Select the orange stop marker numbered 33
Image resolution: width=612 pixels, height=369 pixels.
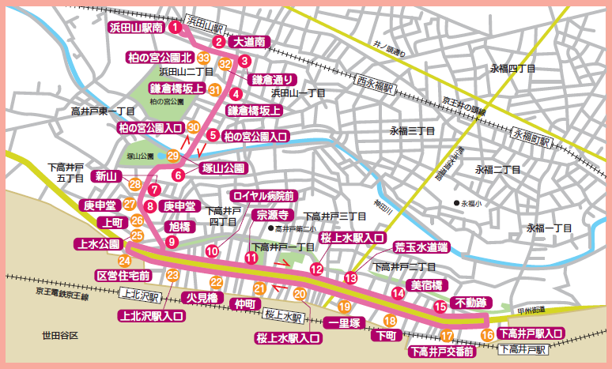(204, 58)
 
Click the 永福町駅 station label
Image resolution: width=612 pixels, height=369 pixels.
(530, 137)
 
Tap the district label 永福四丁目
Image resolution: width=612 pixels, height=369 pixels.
(513, 69)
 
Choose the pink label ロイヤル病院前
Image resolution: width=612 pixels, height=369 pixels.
(263, 195)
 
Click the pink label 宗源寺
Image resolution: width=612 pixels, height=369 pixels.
(274, 214)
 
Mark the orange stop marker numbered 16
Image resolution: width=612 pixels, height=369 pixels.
(487, 335)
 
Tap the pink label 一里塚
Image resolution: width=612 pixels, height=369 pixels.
(345, 322)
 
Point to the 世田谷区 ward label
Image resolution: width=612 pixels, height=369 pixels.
(61, 337)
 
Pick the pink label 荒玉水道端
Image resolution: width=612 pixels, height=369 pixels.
(421, 247)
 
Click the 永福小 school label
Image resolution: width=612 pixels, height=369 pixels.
(474, 202)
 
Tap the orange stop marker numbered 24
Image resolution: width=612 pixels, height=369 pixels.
(125, 260)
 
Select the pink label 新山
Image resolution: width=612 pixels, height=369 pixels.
(106, 175)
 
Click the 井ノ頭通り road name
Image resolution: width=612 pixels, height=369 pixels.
(387, 53)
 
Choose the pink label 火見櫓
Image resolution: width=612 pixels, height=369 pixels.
(196, 298)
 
